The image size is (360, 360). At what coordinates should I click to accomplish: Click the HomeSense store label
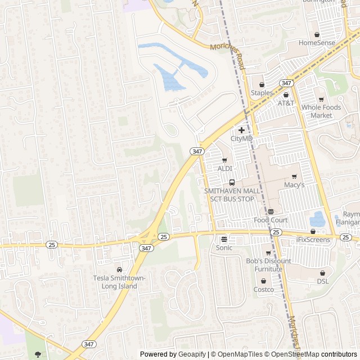click(317, 43)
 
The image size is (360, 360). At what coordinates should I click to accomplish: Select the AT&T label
click(286, 103)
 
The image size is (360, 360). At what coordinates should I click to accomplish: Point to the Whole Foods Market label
click(321, 111)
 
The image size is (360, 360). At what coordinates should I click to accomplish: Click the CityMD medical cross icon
click(242, 130)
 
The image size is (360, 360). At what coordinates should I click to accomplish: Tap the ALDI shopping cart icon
click(225, 160)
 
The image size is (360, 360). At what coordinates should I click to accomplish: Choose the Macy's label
click(294, 184)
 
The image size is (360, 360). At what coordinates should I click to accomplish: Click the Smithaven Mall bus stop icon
click(232, 182)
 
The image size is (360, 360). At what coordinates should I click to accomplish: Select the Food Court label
click(271, 220)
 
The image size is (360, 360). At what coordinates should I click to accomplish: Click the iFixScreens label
click(313, 240)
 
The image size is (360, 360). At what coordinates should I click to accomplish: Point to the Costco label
click(263, 290)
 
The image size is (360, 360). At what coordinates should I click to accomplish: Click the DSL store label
click(322, 281)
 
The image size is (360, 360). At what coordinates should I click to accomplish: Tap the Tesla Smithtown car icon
click(119, 269)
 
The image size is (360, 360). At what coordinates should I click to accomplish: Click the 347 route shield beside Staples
click(286, 83)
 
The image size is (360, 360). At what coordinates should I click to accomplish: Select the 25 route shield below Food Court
click(276, 232)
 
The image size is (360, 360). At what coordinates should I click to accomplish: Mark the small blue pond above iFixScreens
click(317, 218)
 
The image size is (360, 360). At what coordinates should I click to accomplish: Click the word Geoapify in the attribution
click(192, 354)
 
